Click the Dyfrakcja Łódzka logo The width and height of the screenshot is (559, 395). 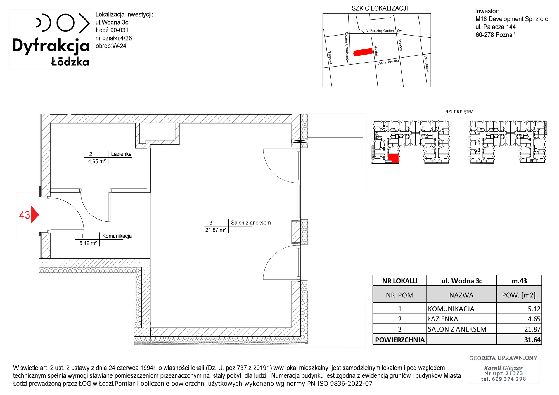pos(51,39)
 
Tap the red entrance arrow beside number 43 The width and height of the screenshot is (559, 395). pos(34,215)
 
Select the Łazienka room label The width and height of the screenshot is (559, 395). pos(121,154)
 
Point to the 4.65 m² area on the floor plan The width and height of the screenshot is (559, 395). pos(97,161)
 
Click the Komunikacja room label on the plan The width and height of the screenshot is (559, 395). pos(117,236)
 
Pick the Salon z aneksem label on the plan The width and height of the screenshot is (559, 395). pos(251,223)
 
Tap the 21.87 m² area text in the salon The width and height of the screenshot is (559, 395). pos(215,230)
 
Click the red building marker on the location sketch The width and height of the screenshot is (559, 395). pos(363,52)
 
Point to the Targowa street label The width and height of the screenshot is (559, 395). pos(330,58)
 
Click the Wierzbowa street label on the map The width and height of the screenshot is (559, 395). pos(426,64)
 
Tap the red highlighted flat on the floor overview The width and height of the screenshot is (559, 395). pos(393,158)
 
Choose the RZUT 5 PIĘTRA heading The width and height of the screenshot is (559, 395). pos(459,112)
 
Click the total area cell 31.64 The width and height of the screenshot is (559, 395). pos(532,340)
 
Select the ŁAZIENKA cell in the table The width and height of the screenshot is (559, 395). pos(443,319)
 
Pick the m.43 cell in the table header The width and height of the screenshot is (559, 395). pos(519,281)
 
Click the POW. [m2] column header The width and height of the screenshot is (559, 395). pos(519,295)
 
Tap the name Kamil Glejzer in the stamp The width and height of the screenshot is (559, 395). pos(503,368)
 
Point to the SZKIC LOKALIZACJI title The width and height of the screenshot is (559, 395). pos(380,8)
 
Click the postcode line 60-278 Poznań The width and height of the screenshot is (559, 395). pos(495,35)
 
